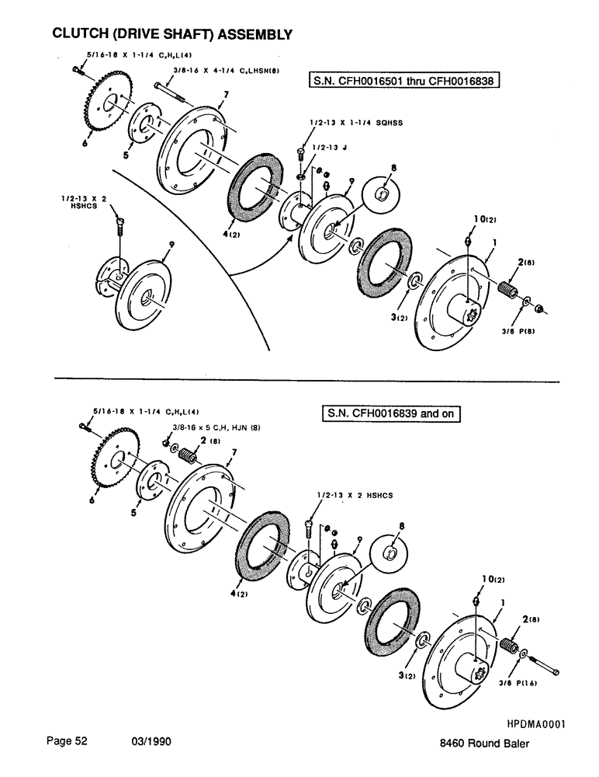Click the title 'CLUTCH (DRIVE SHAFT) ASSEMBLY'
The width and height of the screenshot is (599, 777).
coord(171,34)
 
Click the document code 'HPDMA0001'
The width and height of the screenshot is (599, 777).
coord(535,724)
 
